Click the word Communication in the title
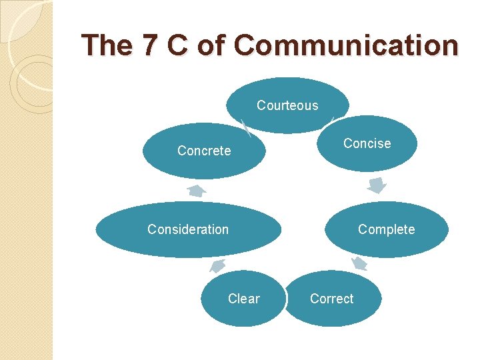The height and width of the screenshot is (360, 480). pos(347,46)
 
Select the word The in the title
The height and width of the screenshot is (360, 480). pos(107,46)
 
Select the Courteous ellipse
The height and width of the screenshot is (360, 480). pos(287,105)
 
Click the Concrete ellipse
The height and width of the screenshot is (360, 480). pos(204,151)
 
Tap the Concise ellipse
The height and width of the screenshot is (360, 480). pos(367,143)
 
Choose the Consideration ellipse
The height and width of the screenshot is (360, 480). pos(188,229)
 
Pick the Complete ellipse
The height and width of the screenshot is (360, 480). pos(387,229)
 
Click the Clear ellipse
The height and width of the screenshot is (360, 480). pos(243,299)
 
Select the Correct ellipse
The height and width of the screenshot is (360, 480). pos(332,299)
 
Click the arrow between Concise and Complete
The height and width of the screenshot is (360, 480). pos(377,185)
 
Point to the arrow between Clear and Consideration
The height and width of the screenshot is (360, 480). pos(217,267)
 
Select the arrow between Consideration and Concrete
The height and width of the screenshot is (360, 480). pos(196,191)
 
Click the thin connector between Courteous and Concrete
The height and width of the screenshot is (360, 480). pos(246,127)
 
